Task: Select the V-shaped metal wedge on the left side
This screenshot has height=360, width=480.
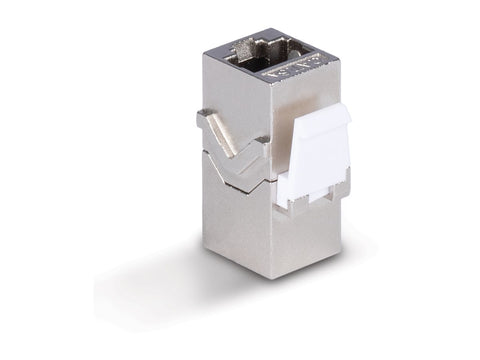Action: click(232, 150)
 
